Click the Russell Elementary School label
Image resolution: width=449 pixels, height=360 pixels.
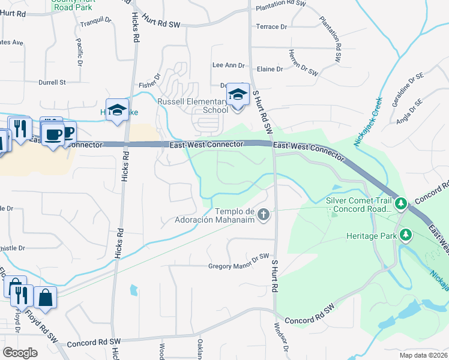coord(193,106)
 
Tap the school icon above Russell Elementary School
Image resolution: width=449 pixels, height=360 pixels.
coord(238,95)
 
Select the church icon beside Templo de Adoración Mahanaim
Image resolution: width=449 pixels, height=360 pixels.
coord(263,214)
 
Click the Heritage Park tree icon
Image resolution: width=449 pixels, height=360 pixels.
coord(406,235)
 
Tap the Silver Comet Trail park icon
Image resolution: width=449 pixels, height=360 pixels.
coord(401,203)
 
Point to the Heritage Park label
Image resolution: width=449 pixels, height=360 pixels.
coord(372,236)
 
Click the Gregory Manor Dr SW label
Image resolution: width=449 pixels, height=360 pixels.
coord(238,266)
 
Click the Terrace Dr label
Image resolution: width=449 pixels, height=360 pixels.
coord(271,27)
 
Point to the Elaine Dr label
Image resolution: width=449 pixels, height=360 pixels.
coord(270,70)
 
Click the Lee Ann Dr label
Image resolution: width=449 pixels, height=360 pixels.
coord(229,65)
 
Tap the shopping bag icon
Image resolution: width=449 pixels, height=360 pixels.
coord(45,296)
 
